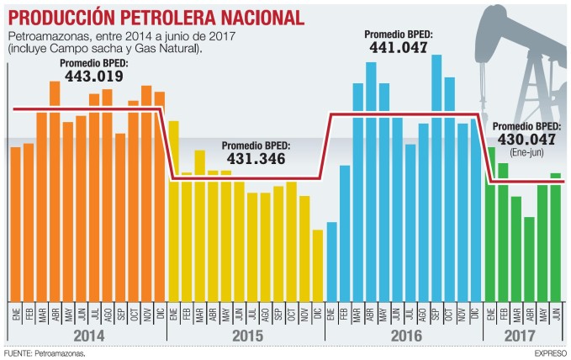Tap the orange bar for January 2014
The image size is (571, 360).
(x=15, y=224)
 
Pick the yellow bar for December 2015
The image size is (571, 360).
(x=317, y=265)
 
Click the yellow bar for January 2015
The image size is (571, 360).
(x=173, y=210)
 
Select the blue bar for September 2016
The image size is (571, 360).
(x=436, y=177)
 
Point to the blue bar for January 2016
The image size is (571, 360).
(x=331, y=261)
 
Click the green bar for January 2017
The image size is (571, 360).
(x=490, y=224)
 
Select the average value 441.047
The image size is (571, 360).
(x=398, y=48)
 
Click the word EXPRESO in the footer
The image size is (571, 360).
(x=550, y=353)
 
